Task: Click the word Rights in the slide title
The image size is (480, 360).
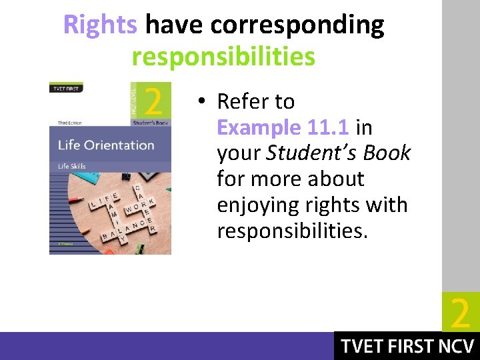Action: [100, 25]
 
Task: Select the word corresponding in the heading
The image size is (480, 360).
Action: [297, 25]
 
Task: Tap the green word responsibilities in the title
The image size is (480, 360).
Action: [223, 57]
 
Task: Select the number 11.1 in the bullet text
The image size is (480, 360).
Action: [329, 127]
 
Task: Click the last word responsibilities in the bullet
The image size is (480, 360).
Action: [292, 231]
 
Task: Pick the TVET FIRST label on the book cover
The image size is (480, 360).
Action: [64, 88]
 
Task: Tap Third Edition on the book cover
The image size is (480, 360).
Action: [70, 122]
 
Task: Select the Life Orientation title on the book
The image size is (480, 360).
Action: [106, 145]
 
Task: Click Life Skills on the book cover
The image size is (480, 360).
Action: [73, 166]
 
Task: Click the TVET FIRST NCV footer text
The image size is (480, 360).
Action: [407, 346]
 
